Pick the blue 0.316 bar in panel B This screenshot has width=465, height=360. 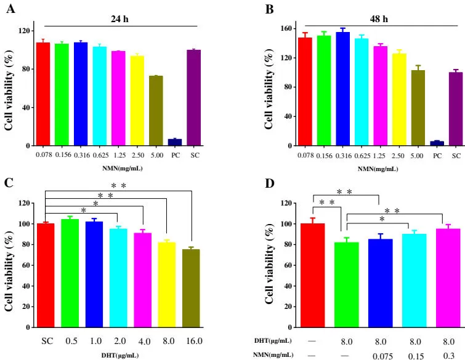point(342,89)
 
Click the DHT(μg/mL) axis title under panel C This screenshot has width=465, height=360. point(119,354)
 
